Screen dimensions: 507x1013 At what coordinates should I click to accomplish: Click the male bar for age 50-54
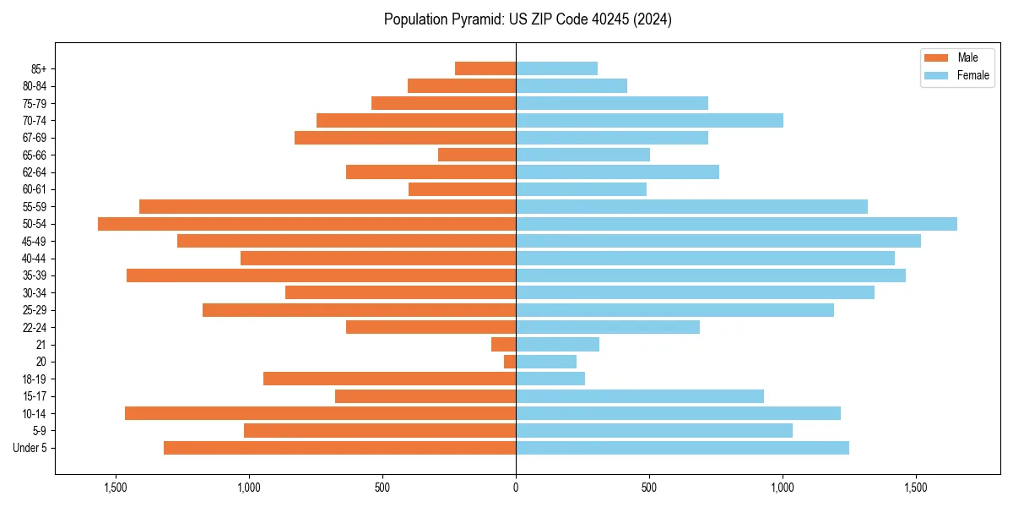click(x=306, y=224)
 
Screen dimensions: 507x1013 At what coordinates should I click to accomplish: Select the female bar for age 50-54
click(x=736, y=224)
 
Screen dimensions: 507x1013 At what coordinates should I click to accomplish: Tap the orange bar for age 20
click(x=510, y=362)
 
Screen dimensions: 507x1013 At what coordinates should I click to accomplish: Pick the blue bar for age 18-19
click(x=550, y=379)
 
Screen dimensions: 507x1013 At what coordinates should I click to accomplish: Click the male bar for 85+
click(x=485, y=68)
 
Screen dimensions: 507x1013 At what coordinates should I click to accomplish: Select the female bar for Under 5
click(x=682, y=448)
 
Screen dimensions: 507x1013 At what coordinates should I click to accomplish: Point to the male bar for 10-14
click(x=320, y=413)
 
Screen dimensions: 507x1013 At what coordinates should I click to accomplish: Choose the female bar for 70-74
click(x=649, y=120)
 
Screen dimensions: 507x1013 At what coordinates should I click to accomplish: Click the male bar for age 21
click(x=503, y=344)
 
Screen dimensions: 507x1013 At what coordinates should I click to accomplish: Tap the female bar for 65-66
click(x=582, y=155)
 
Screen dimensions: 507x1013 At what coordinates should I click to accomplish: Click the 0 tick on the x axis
click(x=516, y=488)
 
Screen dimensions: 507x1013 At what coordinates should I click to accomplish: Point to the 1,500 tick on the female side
click(x=916, y=488)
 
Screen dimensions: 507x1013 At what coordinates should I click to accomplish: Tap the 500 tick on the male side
click(x=382, y=488)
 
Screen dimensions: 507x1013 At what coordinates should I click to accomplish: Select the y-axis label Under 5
click(x=30, y=448)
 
